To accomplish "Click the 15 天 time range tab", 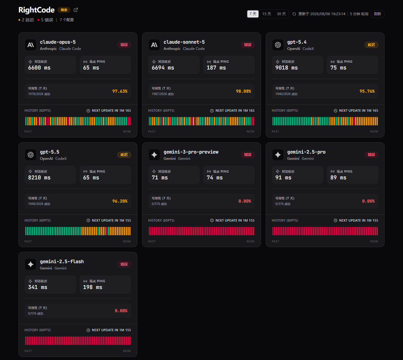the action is tap(267, 14).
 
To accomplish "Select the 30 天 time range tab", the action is tap(281, 14).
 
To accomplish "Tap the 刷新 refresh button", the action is tap(377, 14).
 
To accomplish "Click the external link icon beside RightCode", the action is tap(76, 10).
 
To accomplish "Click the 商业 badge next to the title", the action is tap(64, 10).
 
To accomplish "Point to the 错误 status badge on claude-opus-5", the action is tap(124, 45).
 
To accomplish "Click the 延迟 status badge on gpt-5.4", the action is tap(371, 45).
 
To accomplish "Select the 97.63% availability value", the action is tap(120, 91).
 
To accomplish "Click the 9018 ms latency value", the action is tap(286, 68).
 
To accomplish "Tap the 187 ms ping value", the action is tap(216, 68).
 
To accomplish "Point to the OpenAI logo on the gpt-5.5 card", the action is tap(31, 155).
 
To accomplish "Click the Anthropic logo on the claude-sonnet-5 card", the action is tap(154, 45).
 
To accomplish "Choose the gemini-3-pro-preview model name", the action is tap(191, 152).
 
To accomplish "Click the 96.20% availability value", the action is tap(120, 201).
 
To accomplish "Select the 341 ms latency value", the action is tap(37, 287).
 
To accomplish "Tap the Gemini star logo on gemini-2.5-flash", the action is tap(31, 264).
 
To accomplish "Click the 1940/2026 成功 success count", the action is tap(286, 94).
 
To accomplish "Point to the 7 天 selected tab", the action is tap(253, 14).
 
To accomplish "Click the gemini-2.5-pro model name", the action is tap(306, 152).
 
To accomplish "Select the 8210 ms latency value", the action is tap(39, 178).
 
